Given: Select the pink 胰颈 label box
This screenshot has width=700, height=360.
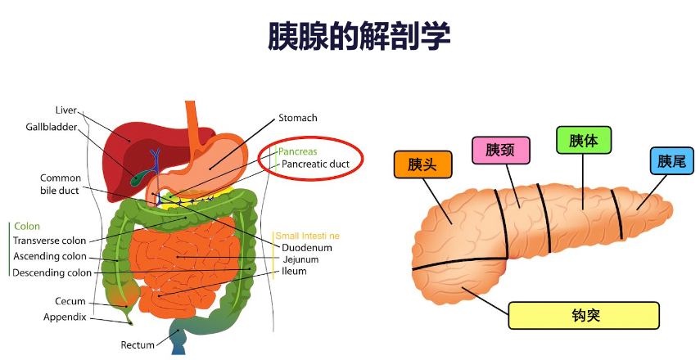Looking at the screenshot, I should point(500,150).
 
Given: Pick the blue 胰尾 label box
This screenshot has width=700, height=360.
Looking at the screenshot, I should point(671,160).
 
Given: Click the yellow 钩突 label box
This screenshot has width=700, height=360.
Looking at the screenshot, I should point(583,314).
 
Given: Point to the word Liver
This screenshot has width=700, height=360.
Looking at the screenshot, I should point(65,110).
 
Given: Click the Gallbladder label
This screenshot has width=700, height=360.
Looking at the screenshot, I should point(51,127).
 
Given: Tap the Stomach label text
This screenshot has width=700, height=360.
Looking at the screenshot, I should point(297,118).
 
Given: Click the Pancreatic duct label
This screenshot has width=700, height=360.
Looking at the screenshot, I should point(315,164).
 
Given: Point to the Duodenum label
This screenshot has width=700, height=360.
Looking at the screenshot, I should point(307,247).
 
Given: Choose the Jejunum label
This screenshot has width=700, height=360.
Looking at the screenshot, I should point(300,259).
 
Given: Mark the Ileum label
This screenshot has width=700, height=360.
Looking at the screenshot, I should point(294,272).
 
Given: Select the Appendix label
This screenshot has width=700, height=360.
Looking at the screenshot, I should point(65,317).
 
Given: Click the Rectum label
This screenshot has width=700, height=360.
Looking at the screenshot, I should point(138,344).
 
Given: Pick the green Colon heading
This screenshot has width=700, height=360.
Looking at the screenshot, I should point(27,227).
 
